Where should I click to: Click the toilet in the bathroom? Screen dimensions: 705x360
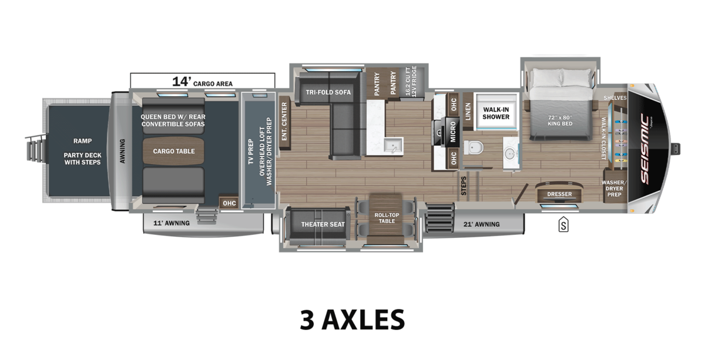(x=474, y=147)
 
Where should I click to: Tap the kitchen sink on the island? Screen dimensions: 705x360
(x=393, y=146)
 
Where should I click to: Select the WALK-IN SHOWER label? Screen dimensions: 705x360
(x=496, y=113)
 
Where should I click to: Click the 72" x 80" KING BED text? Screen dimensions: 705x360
(x=559, y=120)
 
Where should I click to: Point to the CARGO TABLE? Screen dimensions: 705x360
(x=174, y=151)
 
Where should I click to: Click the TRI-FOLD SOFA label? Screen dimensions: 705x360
(x=328, y=92)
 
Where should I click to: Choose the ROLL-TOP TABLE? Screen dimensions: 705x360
(x=387, y=218)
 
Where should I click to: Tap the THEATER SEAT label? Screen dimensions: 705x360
(x=323, y=224)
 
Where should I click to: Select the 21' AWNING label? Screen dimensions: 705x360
(x=482, y=224)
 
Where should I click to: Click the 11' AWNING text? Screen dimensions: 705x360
(x=172, y=223)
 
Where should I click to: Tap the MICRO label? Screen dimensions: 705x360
(x=452, y=132)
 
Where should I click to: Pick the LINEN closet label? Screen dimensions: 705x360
(x=468, y=112)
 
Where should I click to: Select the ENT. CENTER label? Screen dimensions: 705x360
(x=284, y=122)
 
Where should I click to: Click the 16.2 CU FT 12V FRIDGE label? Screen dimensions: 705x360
(x=411, y=81)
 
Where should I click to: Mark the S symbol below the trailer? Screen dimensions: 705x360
(x=563, y=224)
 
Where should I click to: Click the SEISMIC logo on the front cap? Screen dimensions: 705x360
(x=644, y=149)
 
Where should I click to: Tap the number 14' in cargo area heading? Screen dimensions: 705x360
(x=182, y=82)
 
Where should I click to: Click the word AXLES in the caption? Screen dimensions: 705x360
(x=363, y=319)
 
